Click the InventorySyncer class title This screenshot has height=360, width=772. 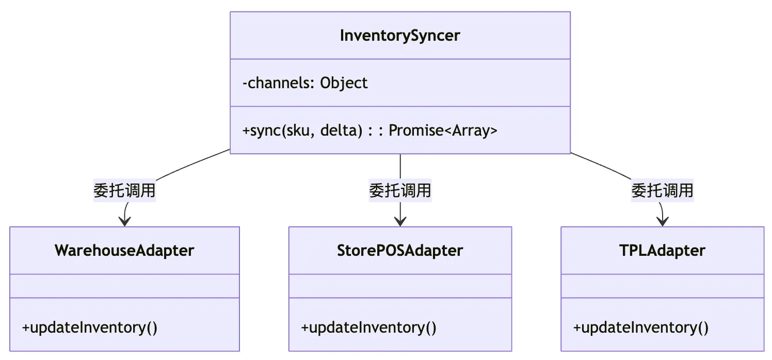[400, 36]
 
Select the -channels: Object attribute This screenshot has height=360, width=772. [305, 83]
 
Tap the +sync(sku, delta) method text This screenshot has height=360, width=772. [302, 130]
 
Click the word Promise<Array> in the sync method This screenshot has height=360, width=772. [443, 130]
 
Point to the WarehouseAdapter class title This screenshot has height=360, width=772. [124, 251]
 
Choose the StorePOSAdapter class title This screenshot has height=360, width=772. [400, 251]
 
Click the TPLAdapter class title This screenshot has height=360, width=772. [662, 251]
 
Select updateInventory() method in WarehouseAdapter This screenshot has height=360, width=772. [90, 328]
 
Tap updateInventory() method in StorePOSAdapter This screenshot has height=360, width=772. [369, 328]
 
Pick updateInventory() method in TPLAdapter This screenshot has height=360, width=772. [641, 328]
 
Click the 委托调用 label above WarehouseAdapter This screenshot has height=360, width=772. [124, 190]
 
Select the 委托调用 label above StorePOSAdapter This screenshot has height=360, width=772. [400, 190]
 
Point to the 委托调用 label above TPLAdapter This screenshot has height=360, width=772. [663, 190]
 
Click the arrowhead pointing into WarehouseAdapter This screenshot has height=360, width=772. [124, 222]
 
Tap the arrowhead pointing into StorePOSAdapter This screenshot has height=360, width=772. [400, 222]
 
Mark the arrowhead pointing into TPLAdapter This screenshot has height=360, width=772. [663, 222]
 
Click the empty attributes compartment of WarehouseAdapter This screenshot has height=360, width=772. [124, 286]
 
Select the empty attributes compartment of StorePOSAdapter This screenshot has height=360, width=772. [400, 286]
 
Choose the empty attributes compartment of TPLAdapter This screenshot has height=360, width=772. [663, 286]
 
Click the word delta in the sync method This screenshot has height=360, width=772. [341, 130]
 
